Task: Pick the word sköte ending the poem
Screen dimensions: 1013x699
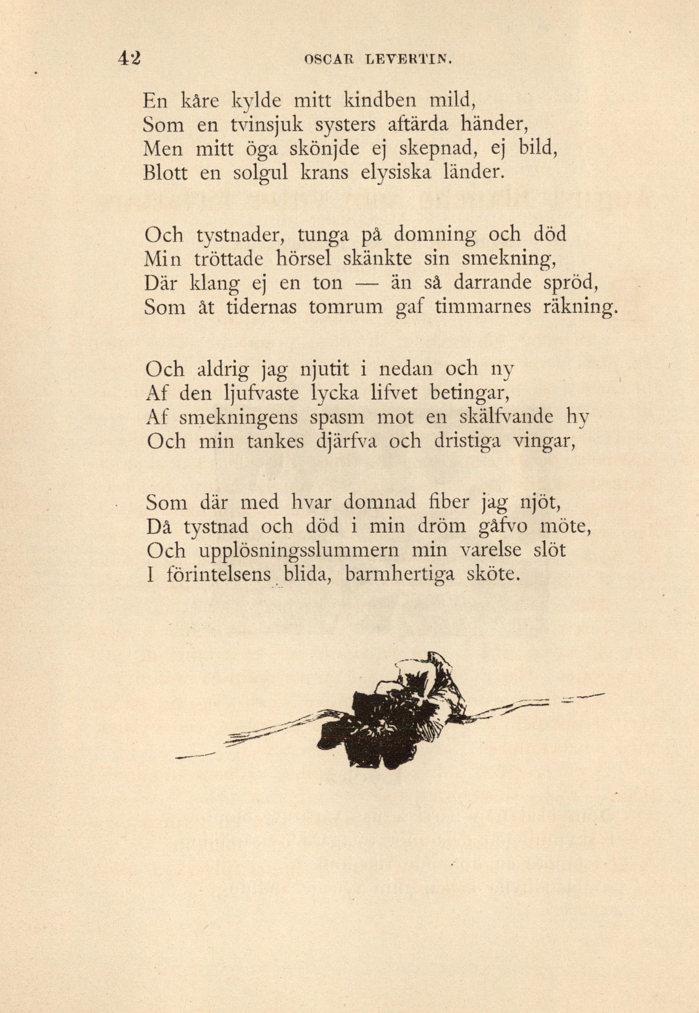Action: [x=493, y=575]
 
